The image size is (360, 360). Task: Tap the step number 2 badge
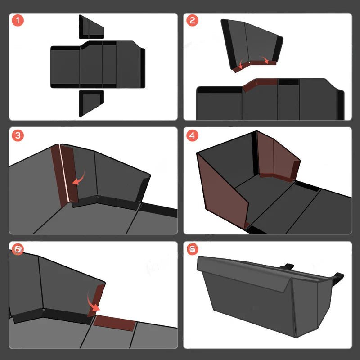tap(192, 20)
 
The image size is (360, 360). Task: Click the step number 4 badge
tap(192, 135)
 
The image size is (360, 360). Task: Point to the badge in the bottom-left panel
tap(17, 249)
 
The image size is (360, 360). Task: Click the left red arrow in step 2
tap(241, 64)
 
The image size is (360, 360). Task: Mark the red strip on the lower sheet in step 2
tap(260, 84)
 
